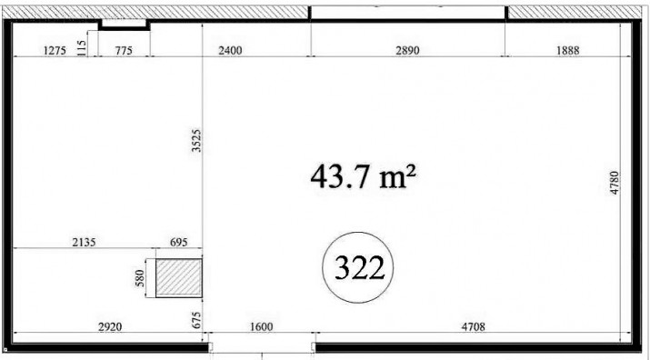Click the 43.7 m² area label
(363, 176)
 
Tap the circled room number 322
(358, 267)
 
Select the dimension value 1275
(55, 51)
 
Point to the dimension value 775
(124, 51)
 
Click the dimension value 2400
(230, 51)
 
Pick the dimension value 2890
(407, 51)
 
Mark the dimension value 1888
(567, 51)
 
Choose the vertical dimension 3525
(196, 141)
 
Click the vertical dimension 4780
(615, 183)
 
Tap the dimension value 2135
(84, 242)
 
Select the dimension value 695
(179, 242)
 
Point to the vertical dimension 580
(140, 278)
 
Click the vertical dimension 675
(196, 320)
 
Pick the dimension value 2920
(110, 327)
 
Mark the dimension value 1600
(262, 327)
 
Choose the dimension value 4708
(473, 327)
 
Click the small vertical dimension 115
(82, 47)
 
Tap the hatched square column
(179, 278)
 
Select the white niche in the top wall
(125, 24)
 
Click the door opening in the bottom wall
(262, 347)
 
